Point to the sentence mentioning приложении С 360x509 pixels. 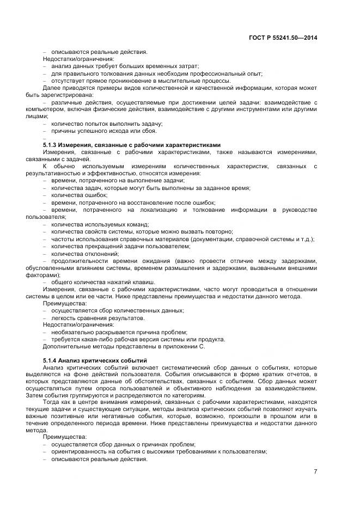pyautogui.click(x=124, y=346)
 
